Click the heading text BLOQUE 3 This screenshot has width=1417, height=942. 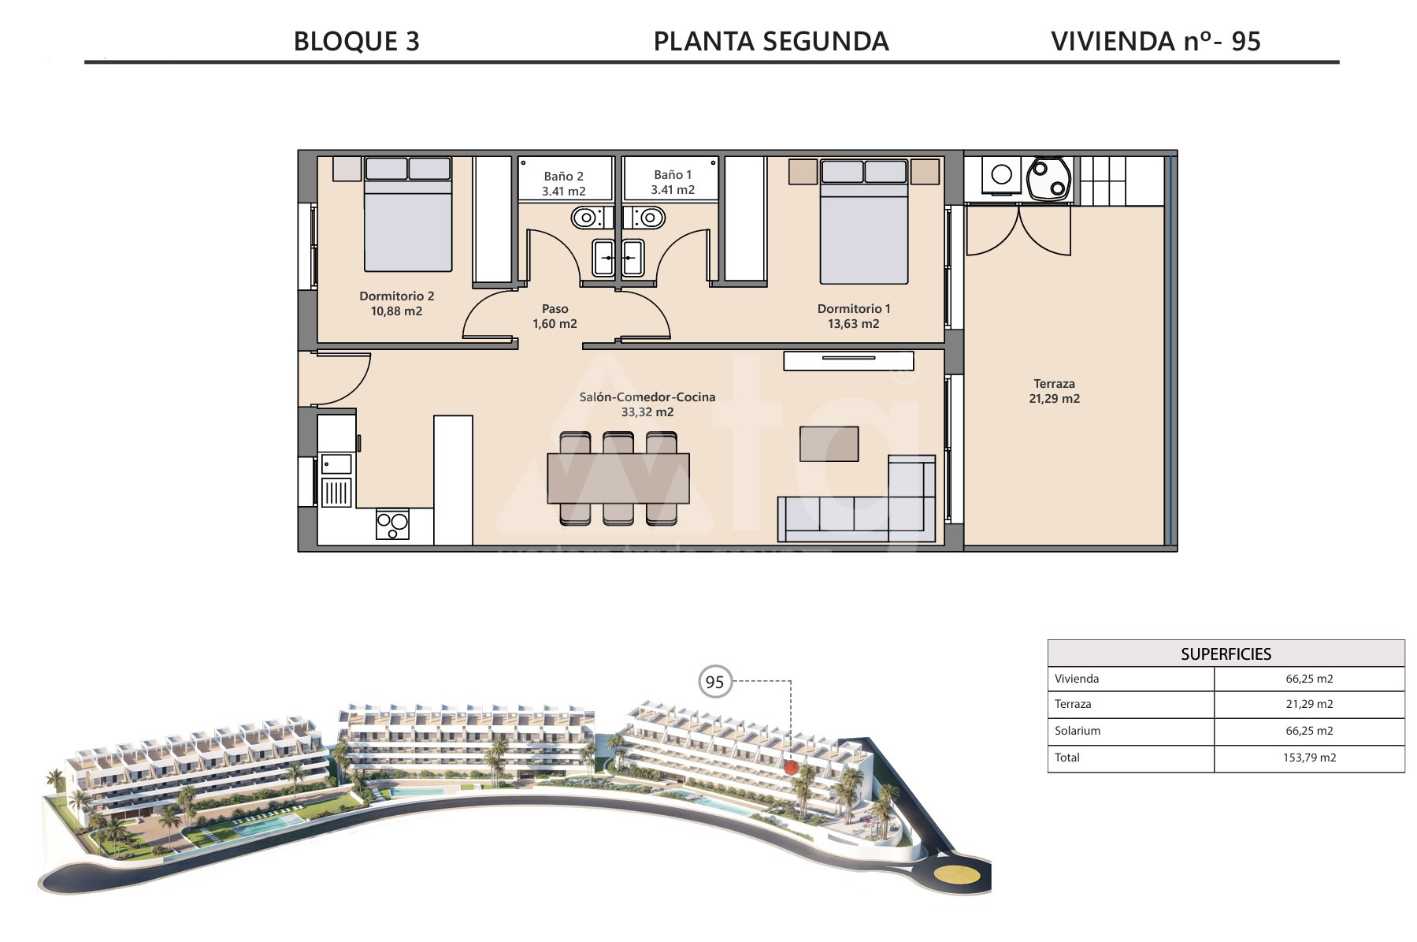coord(356,41)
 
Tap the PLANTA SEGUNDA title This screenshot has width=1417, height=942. coord(771,41)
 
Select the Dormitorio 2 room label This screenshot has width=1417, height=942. coord(397,296)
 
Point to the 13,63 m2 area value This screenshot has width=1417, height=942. coord(853,324)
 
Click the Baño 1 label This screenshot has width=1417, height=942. coord(673,175)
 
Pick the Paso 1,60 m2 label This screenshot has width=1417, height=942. coord(555,316)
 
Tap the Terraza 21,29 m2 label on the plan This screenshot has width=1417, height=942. coord(1054,391)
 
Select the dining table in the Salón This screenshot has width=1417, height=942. coord(618,478)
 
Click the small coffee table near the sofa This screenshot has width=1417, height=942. coord(829,444)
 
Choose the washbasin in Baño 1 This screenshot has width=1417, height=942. coord(632,258)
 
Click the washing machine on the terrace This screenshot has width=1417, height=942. coord(1001,174)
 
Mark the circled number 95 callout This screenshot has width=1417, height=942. coord(715,682)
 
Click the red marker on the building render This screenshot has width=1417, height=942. coord(792,765)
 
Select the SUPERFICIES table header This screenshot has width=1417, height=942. coord(1226,653)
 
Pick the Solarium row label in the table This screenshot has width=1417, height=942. coord(1078,731)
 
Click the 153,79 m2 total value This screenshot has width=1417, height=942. coord(1309,758)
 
